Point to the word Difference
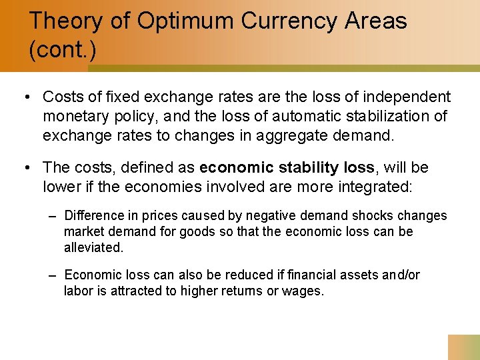(x=94, y=216)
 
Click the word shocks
(x=373, y=216)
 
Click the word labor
(x=78, y=291)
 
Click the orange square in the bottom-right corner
(x=464, y=347)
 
